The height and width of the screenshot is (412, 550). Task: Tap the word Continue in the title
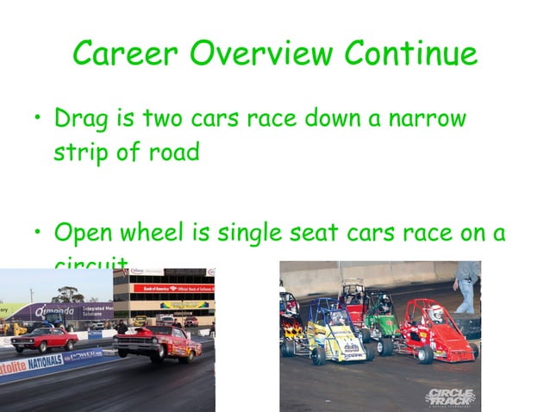click(410, 54)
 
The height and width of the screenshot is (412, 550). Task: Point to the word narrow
click(424, 117)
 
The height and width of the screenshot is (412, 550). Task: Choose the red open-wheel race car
click(440, 332)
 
